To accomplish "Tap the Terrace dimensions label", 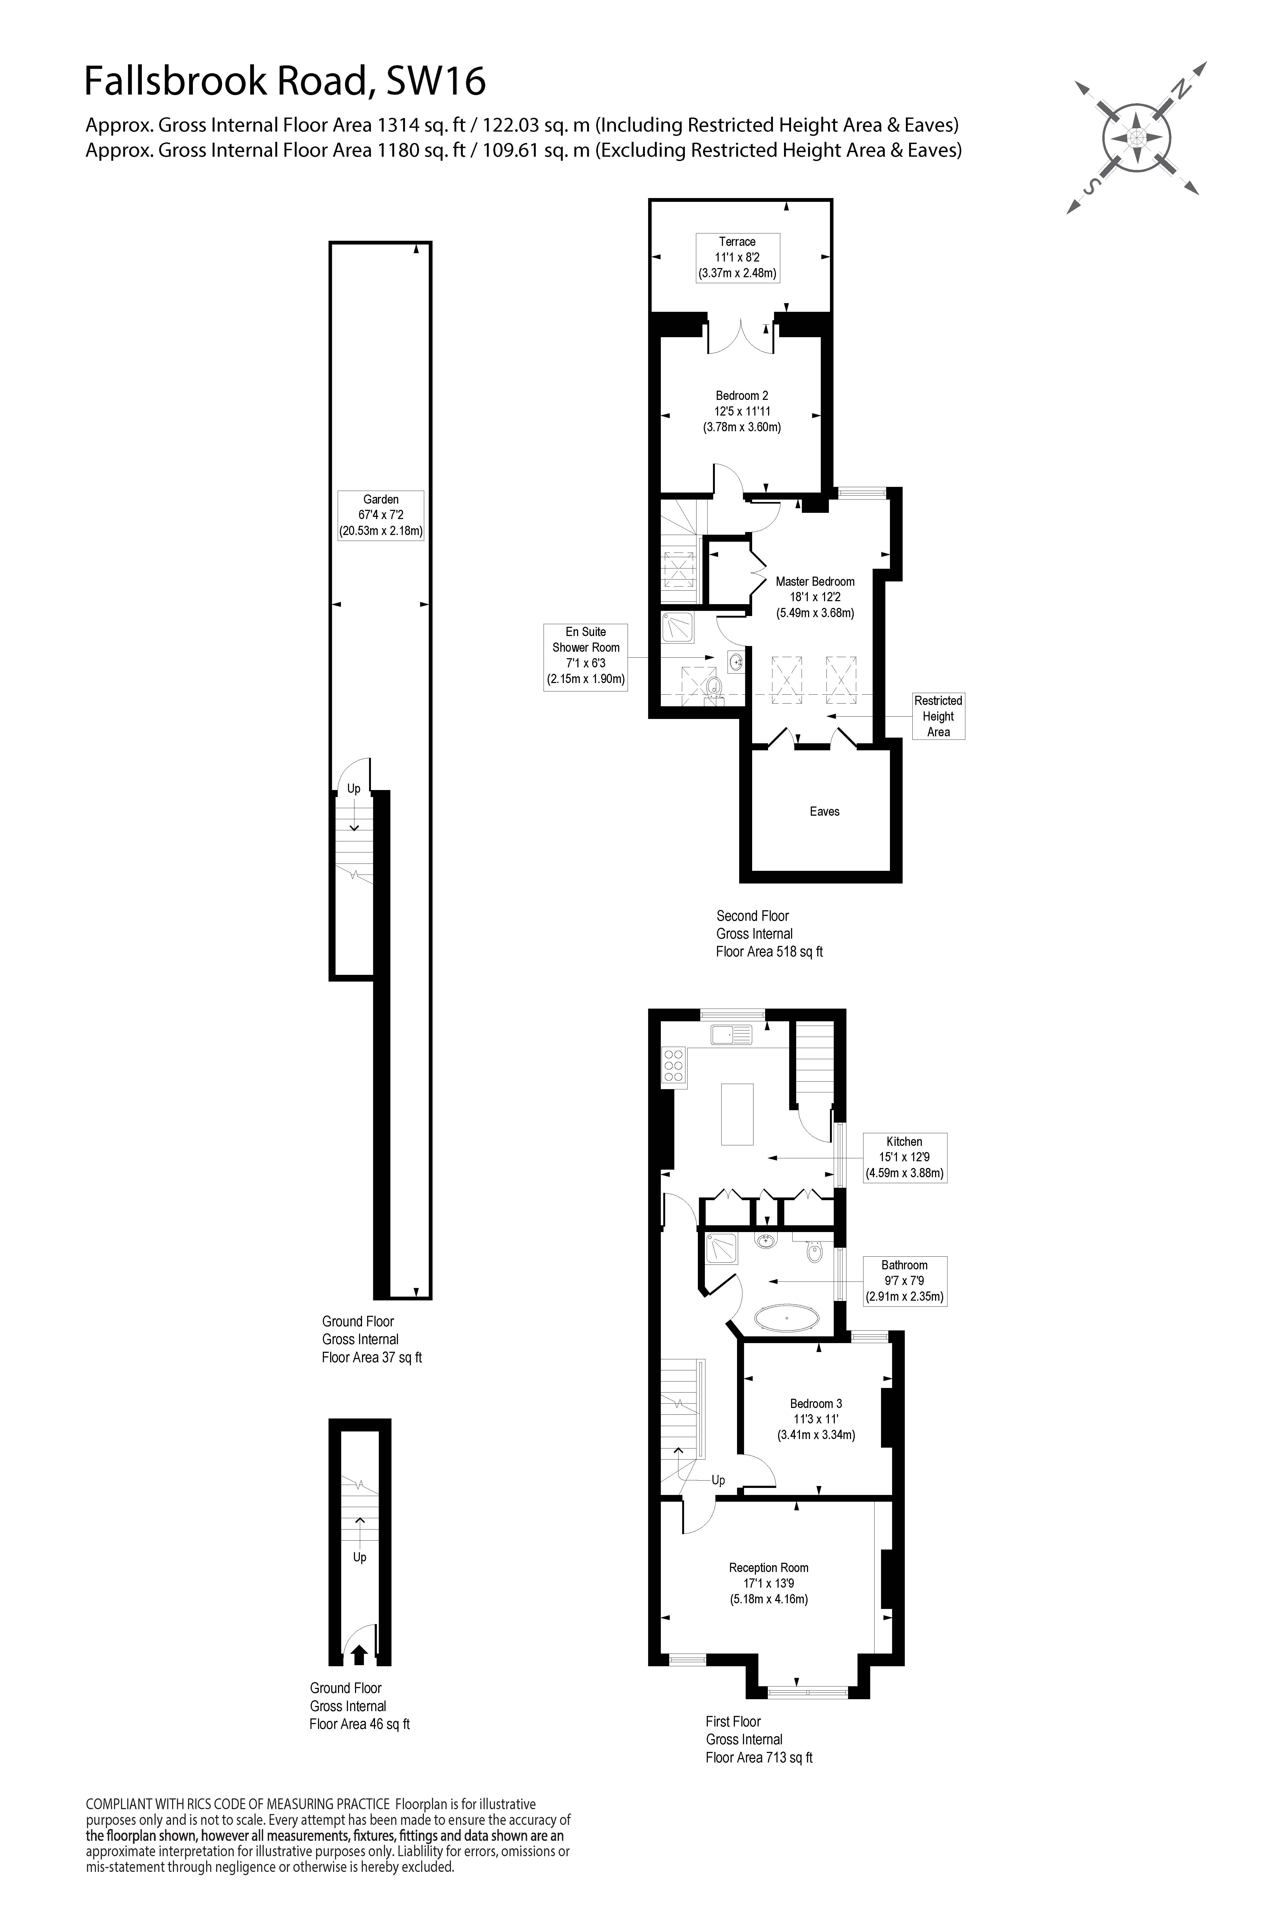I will click(x=737, y=257).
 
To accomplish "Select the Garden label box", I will click(x=381, y=515).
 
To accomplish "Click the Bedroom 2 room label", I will click(x=741, y=411).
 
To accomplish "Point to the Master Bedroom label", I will click(x=815, y=597).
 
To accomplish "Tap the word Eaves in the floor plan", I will click(x=824, y=811).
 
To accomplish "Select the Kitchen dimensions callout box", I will click(x=904, y=1157).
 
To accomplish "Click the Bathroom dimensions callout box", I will click(x=904, y=1281).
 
